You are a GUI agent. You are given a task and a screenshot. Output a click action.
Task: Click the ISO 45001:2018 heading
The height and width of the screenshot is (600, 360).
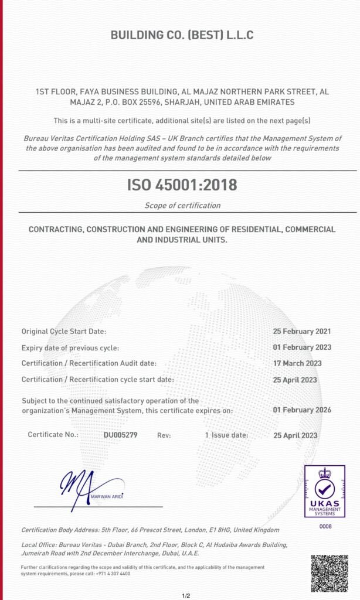click(182, 185)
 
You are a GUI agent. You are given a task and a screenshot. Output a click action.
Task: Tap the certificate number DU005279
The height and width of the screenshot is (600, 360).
click(120, 435)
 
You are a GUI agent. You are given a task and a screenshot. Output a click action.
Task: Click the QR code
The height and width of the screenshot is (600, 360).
click(330, 573)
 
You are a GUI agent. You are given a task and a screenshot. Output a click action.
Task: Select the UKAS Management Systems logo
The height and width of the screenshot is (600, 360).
click(325, 492)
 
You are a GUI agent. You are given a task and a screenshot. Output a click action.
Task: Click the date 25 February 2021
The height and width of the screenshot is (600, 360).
click(302, 331)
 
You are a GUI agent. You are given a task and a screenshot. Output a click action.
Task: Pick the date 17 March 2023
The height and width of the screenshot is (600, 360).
click(297, 363)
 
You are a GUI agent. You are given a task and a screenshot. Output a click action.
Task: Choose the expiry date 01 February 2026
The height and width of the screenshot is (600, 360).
click(302, 410)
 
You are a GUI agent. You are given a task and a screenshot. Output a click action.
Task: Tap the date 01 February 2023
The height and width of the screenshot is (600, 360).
click(302, 347)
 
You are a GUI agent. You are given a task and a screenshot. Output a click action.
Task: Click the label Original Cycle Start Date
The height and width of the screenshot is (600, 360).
click(64, 332)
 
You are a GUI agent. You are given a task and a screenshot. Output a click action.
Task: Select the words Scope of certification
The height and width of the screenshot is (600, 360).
click(182, 205)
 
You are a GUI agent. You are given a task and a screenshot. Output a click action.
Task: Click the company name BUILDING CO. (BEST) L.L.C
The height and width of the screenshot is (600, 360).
click(182, 35)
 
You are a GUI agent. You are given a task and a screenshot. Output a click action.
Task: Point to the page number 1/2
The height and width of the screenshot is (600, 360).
click(186, 596)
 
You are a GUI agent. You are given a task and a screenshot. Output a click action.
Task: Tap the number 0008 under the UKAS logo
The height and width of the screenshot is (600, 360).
click(325, 527)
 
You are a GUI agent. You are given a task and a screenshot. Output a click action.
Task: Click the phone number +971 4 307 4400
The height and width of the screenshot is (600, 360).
click(117, 574)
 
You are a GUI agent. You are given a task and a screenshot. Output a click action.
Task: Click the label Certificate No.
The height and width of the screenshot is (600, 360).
click(53, 435)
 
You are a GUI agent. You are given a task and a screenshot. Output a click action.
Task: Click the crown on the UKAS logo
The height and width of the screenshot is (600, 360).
click(325, 473)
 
